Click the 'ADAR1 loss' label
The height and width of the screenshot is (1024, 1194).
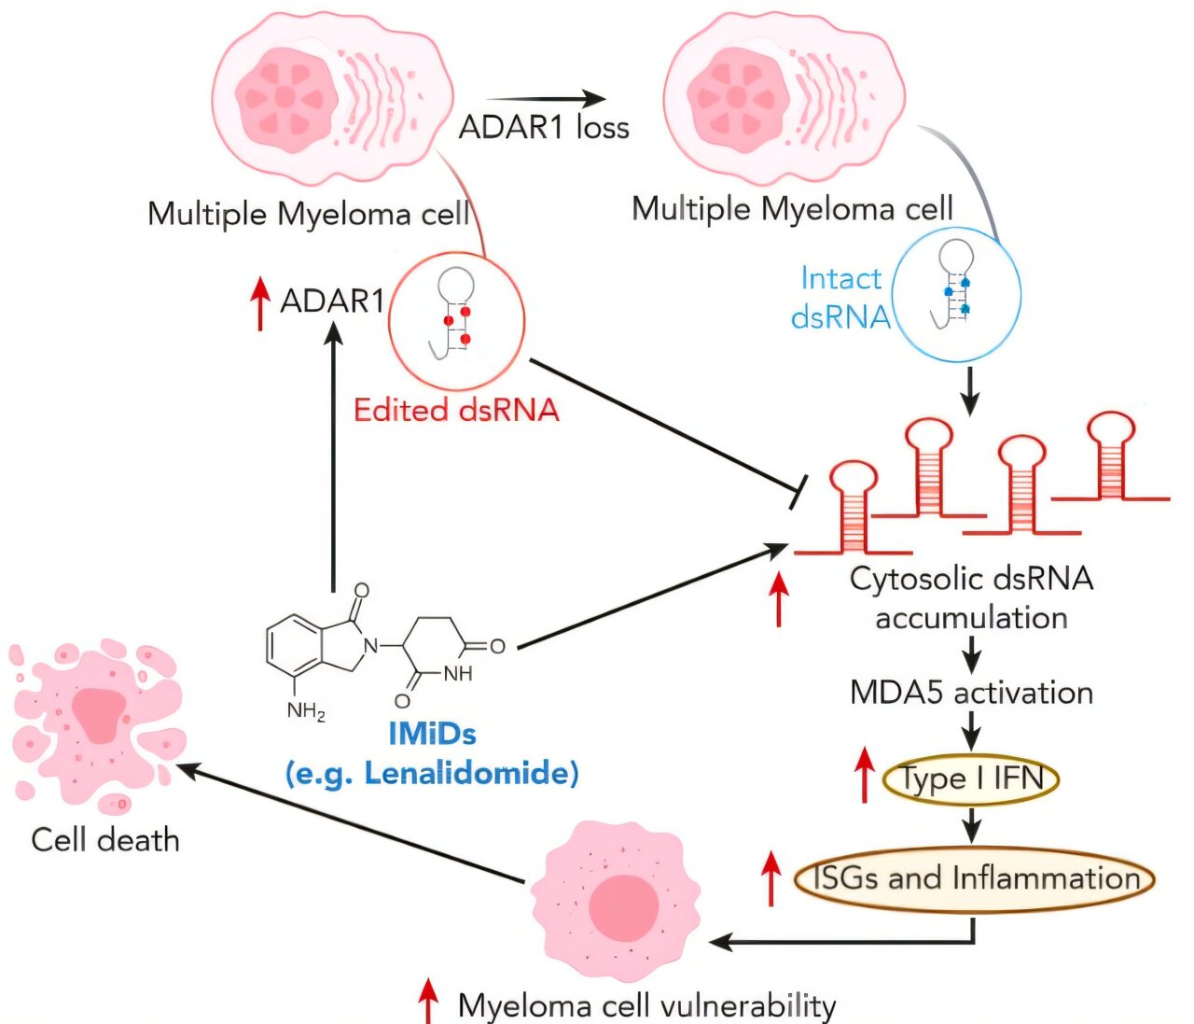544,127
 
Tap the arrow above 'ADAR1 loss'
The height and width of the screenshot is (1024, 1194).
546,99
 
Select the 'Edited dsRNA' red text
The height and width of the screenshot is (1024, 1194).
456,410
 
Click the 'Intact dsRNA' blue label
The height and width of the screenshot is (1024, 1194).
840,298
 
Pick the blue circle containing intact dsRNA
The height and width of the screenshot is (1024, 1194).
957,291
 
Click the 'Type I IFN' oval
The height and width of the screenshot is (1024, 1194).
971,779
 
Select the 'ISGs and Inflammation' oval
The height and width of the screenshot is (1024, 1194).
975,878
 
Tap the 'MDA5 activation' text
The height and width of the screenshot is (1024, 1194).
971,693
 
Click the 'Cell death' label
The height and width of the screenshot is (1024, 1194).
104,839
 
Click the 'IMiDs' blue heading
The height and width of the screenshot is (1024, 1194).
432,734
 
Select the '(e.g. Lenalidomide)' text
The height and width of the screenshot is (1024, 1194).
432,773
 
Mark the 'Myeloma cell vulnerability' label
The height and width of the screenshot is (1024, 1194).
646,1005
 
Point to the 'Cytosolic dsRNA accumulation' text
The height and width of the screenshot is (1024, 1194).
971,597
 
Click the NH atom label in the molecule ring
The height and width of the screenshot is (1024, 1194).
457,673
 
